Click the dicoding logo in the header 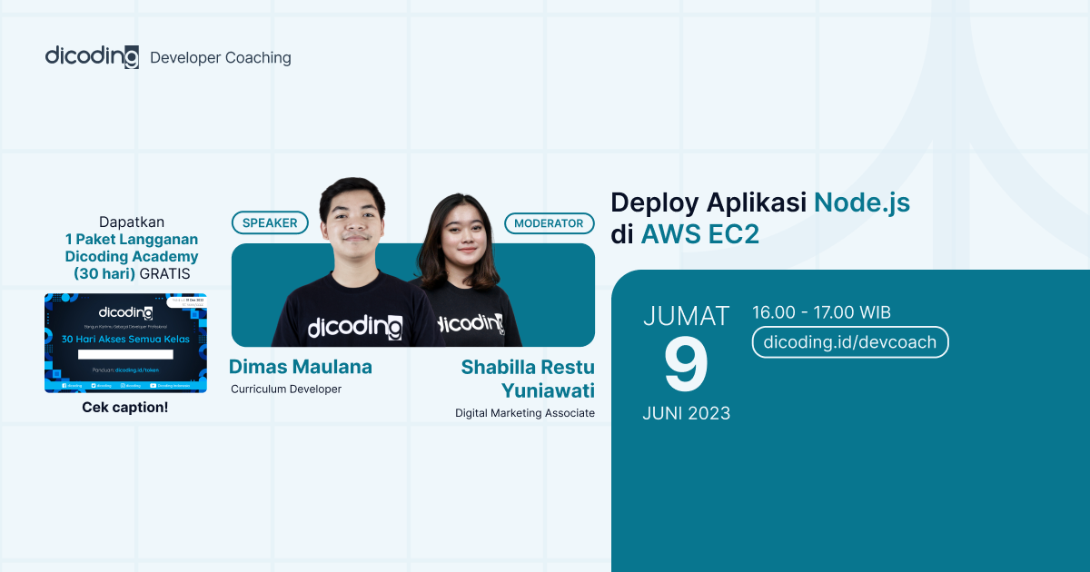click(92, 56)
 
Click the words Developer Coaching click(221, 58)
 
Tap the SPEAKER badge click(270, 222)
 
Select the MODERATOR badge click(549, 222)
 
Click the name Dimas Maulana click(301, 367)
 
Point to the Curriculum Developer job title click(285, 390)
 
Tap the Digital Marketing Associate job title click(525, 413)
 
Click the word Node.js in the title click(861, 202)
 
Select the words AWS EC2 click(699, 234)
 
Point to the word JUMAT click(686, 316)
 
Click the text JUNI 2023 click(686, 413)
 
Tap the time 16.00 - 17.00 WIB click(821, 312)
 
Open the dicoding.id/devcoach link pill click(850, 342)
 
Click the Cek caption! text click(125, 407)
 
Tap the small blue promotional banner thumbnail click(125, 342)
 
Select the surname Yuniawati click(548, 390)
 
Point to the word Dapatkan click(125, 222)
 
